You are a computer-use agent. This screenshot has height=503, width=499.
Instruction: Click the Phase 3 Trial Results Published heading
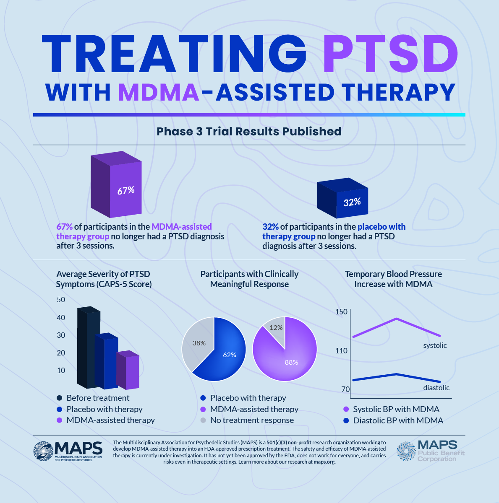[249, 131]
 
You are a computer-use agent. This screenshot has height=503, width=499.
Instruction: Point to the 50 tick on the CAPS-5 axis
[61, 299]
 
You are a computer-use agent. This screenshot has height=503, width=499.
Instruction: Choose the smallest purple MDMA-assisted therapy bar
[128, 371]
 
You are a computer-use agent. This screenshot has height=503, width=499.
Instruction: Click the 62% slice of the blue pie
[227, 356]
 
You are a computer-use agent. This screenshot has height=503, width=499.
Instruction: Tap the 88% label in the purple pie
[291, 362]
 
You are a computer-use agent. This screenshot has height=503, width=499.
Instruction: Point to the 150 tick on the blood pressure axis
[341, 311]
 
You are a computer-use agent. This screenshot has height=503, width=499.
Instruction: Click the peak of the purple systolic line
[397, 319]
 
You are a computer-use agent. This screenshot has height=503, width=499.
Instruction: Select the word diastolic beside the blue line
[436, 388]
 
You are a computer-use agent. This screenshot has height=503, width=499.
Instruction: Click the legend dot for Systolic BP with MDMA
[346, 409]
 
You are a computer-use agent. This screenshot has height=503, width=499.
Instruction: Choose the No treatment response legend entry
[252, 420]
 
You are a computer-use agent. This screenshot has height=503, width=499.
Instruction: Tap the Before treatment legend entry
[98, 398]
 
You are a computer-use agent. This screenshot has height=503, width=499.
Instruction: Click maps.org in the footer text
[324, 462]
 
